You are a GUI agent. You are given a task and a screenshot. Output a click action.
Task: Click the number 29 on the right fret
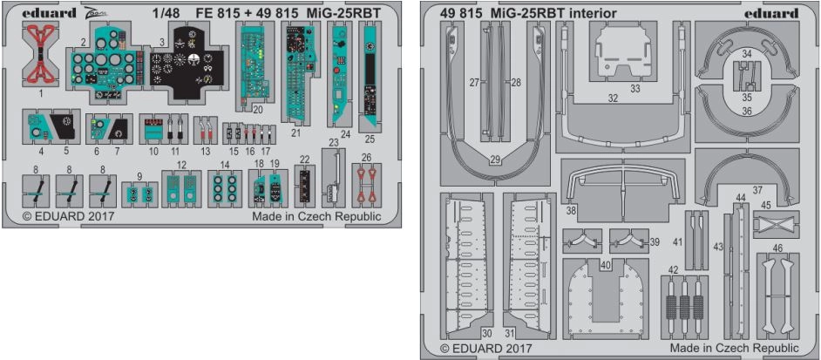point(494,160)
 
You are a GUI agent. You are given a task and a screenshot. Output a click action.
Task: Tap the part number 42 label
point(672,269)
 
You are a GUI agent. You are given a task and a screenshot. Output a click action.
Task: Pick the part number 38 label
point(571,211)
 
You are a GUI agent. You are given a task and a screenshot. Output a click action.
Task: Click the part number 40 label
point(604,264)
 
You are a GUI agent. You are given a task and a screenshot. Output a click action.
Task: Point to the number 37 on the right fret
point(757,189)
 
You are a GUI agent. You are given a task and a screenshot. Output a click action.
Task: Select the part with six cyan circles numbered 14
point(225,189)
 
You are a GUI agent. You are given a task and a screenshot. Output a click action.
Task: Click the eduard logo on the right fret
point(772,14)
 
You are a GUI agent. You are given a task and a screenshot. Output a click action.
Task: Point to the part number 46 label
point(777,248)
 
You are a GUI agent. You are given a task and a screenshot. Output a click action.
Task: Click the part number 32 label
point(613,98)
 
